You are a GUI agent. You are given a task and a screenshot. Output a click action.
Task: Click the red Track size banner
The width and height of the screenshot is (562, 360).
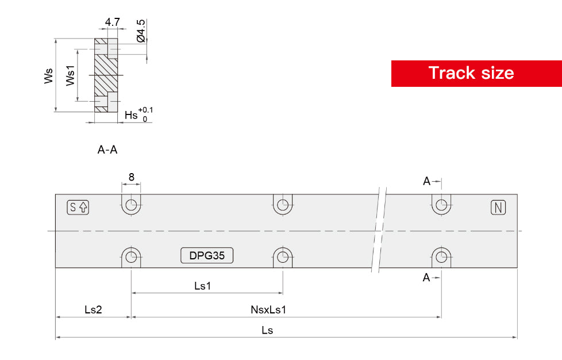coord(476,73)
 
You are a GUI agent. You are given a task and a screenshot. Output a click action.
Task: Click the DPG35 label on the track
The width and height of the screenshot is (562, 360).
coord(207,256)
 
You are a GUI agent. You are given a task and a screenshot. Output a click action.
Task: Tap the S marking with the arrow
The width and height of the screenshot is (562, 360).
coord(78,208)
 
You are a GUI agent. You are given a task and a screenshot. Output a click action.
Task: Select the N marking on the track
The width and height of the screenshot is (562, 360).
coord(498,208)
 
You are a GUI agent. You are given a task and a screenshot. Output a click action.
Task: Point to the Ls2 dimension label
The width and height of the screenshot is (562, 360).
coord(93,309)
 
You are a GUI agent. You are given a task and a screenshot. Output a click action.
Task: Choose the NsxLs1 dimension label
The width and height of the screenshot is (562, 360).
coord(268,309)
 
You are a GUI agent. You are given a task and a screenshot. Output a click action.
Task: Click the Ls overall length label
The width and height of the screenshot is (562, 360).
coord(267,330)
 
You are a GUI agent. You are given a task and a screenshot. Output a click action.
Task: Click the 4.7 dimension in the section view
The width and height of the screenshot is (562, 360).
coord(112,22)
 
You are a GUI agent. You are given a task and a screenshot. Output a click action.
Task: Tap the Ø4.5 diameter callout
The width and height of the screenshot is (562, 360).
coord(141,29)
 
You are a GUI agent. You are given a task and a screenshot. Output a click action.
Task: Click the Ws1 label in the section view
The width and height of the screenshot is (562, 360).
coord(70,76)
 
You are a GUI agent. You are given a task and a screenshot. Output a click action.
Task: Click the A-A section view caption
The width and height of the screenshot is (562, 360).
coord(107,150)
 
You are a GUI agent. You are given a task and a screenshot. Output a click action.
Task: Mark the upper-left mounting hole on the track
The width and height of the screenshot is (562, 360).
coord(132,205)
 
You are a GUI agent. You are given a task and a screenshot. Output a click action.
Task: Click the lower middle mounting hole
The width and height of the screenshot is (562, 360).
coord(282,256)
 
